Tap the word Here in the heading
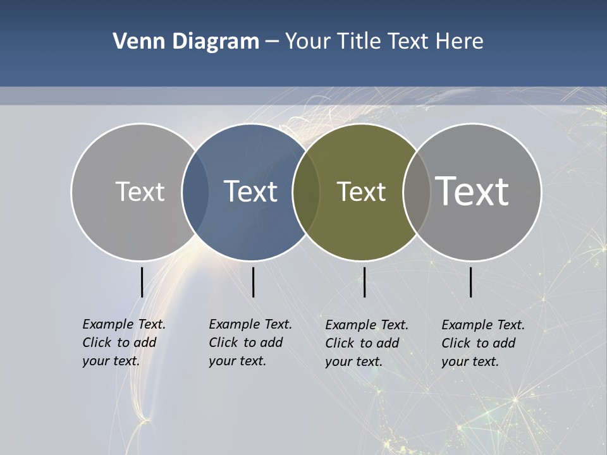pos(460,42)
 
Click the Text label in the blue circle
pos(250,191)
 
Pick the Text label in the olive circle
pos(361,191)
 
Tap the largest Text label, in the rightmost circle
pos(472,191)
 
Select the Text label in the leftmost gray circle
pos(140,191)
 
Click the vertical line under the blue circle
pos(253,282)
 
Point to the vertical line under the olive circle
pos(365,282)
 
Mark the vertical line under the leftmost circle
pos(142,282)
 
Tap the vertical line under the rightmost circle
pos(471,282)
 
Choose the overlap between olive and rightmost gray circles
pos(415,191)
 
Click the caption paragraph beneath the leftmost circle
pos(124,343)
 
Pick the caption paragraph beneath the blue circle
pos(250,343)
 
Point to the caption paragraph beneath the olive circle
pos(367,343)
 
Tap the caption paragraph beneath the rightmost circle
pos(483,343)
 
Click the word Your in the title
pos(308,42)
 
